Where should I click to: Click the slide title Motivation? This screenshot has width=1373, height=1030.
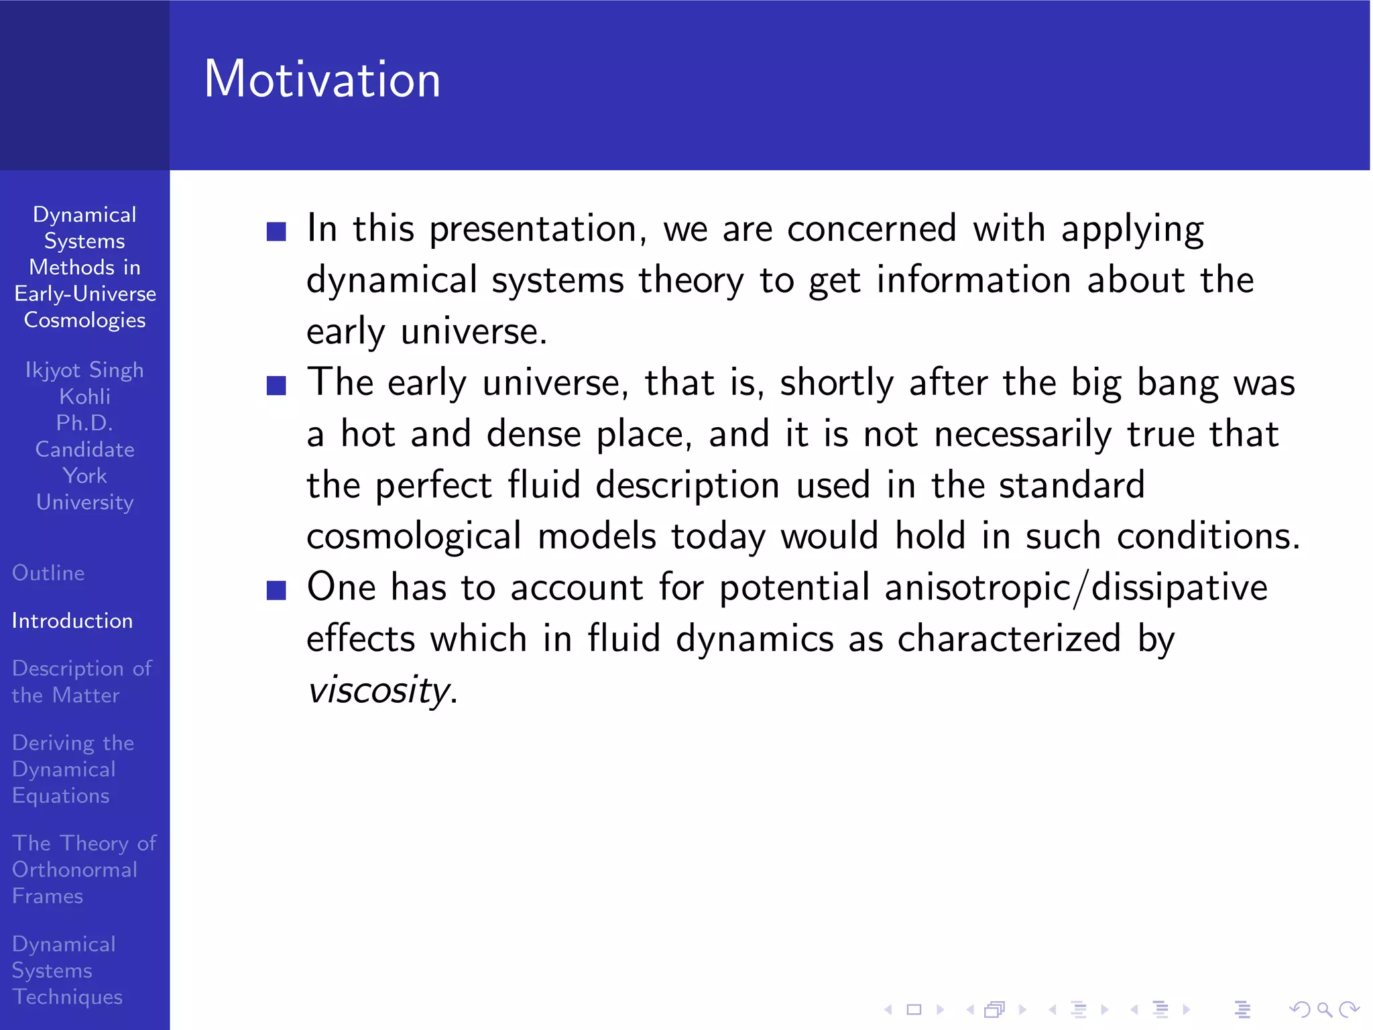click(x=322, y=79)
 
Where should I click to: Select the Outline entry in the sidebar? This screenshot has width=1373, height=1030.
click(x=48, y=573)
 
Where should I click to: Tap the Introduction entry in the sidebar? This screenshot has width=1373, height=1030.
click(x=72, y=621)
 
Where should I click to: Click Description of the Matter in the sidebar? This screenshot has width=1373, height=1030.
click(x=81, y=681)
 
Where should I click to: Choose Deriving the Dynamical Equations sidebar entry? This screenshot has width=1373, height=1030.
click(x=72, y=769)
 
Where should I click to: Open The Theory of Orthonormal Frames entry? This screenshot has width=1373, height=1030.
click(x=83, y=869)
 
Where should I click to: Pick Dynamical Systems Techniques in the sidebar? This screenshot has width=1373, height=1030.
click(x=66, y=970)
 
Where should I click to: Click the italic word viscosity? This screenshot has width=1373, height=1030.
click(x=378, y=690)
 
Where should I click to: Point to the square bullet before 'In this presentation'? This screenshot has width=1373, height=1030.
click(x=276, y=231)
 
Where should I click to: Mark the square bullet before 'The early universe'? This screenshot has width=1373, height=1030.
click(x=276, y=386)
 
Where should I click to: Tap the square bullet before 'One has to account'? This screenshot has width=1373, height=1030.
click(x=276, y=590)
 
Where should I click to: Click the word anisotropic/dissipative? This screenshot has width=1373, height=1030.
click(x=1075, y=588)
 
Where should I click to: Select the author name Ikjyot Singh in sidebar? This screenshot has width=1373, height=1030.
click(x=84, y=370)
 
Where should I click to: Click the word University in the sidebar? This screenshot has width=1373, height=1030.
click(x=84, y=502)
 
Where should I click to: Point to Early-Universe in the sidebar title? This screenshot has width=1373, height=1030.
click(x=84, y=294)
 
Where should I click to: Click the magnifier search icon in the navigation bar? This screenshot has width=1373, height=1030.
click(x=1324, y=1009)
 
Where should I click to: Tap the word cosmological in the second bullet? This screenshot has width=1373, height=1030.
click(x=414, y=536)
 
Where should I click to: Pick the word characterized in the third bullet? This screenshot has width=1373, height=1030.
click(x=1009, y=638)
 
